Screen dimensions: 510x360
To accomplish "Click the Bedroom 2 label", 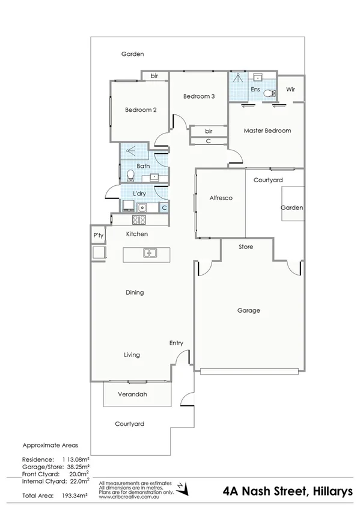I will pos(141,110).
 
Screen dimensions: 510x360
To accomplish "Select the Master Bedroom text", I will pos(267,131).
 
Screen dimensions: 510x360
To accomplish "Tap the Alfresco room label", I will pos(221,198).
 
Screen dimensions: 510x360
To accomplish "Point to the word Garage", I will pos(248,310).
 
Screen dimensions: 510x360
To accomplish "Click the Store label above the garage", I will pos(246,247).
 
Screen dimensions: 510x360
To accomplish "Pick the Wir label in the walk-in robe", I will pos(291,89).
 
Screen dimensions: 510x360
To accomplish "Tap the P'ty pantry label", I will pos(99,235).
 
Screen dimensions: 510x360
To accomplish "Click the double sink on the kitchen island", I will pos(150,253).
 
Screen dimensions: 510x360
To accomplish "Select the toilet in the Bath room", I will pos(130,176).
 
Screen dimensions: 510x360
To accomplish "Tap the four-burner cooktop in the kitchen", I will pos(128,207).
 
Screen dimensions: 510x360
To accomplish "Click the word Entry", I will pos(176,343).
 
